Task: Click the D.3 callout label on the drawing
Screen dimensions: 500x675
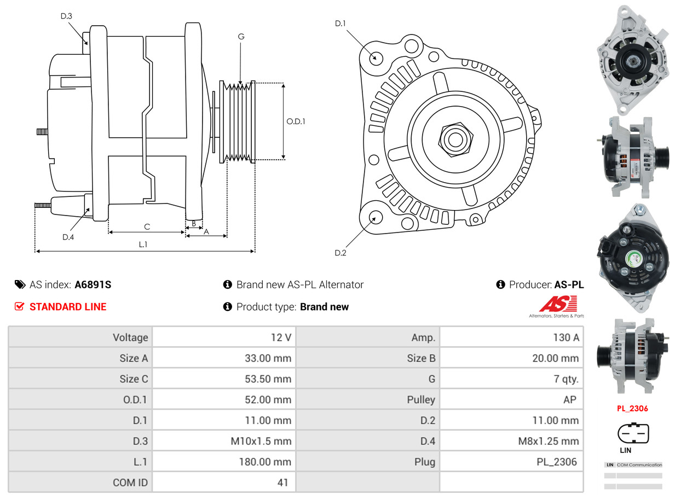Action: (66, 16)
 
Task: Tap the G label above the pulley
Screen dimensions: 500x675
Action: (241, 37)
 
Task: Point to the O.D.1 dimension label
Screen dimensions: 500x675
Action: (296, 121)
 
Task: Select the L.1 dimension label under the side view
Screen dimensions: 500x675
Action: (143, 245)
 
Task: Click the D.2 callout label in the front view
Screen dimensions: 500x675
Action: (340, 253)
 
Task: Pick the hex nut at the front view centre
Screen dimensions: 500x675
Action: (454, 138)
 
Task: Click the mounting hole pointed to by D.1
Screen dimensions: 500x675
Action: (376, 57)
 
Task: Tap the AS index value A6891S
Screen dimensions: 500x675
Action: (93, 284)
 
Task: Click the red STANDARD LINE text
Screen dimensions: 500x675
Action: (68, 307)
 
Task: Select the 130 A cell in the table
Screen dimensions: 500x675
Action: (566, 338)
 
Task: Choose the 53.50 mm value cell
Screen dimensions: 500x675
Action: (268, 379)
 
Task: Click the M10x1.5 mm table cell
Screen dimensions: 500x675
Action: (261, 441)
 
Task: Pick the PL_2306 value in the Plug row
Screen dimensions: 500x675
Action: (556, 462)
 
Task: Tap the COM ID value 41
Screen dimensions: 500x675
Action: (282, 483)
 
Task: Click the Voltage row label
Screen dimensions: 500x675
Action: (130, 338)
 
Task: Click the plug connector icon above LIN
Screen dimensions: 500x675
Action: (633, 433)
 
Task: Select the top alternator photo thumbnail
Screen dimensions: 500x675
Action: (633, 57)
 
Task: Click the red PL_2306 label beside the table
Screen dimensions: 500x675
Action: (633, 408)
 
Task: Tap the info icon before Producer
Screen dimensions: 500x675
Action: (500, 284)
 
